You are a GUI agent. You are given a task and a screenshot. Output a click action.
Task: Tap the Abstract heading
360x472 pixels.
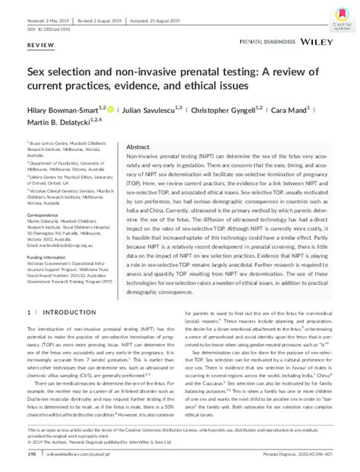click(x=138, y=146)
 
